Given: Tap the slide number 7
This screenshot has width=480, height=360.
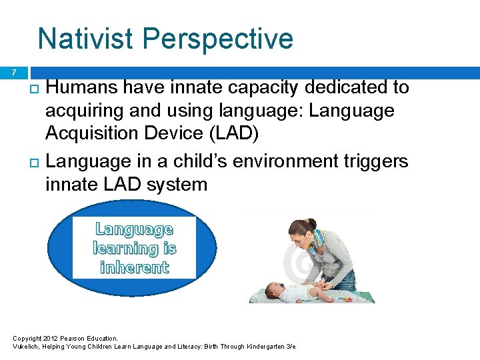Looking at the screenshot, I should (13, 71).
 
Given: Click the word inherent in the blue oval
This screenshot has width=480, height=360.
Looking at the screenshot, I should (134, 267).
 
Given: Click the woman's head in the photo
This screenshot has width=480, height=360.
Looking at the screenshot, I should (303, 236).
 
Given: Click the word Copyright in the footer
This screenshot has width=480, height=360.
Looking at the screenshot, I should (27, 339).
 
